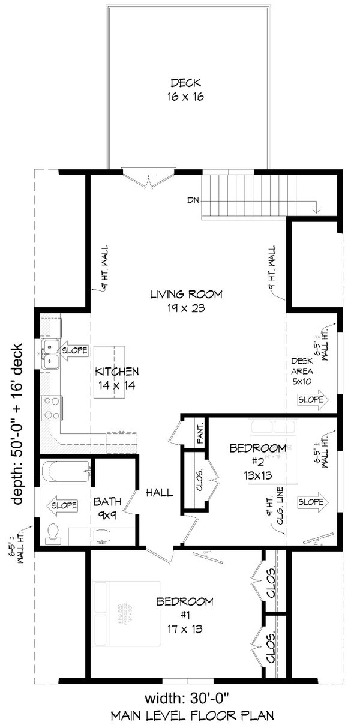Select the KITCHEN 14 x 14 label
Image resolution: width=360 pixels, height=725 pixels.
click(x=117, y=378)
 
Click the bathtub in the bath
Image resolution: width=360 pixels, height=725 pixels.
click(x=65, y=470)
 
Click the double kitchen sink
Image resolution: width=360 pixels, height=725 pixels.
click(x=50, y=353)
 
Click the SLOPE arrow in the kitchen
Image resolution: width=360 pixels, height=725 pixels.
click(x=74, y=350)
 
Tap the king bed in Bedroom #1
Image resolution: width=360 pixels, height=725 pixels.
click(x=127, y=613)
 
